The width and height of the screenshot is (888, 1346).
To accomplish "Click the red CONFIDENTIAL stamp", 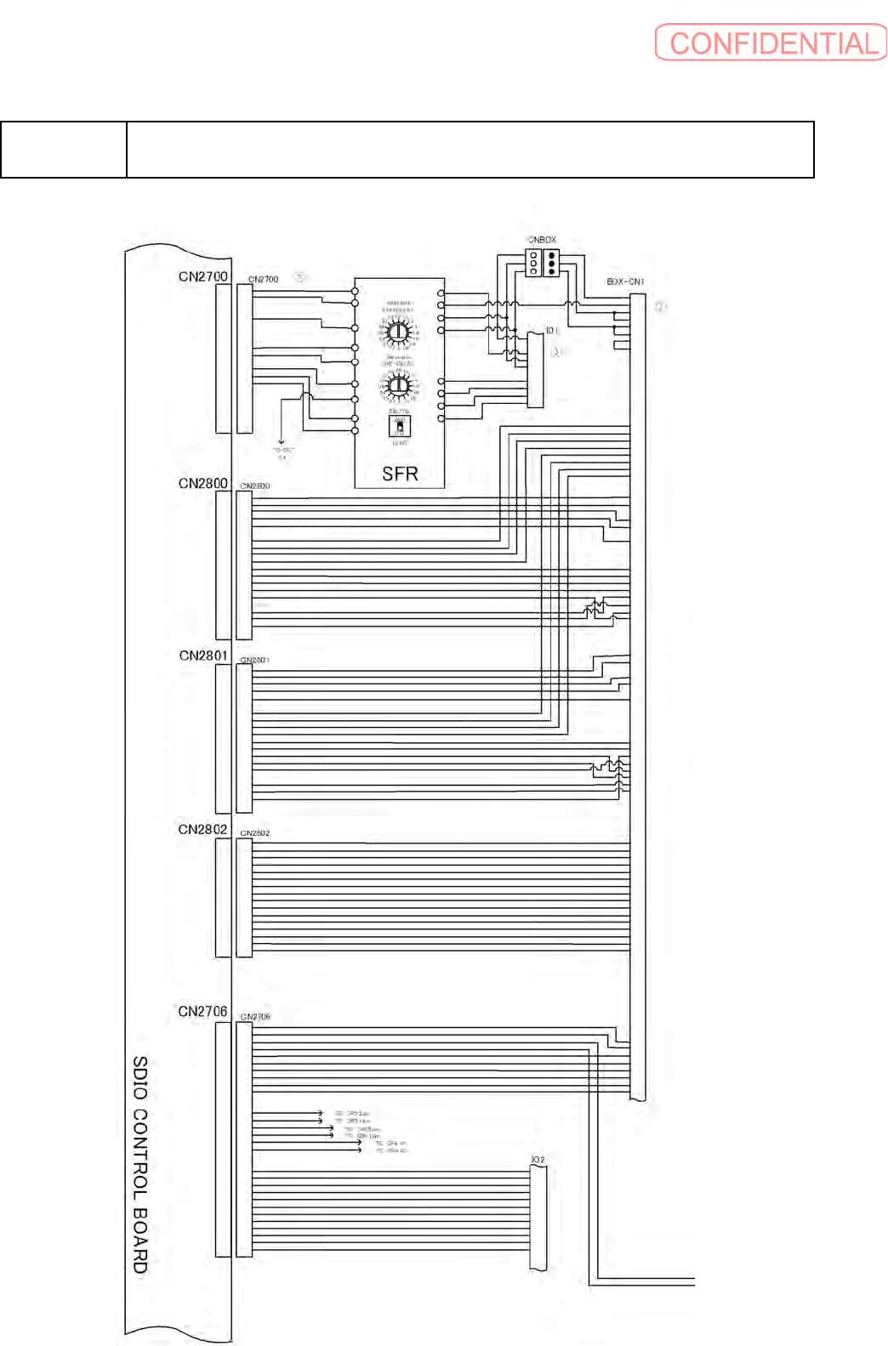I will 771,43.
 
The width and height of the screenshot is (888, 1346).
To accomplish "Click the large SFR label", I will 400,474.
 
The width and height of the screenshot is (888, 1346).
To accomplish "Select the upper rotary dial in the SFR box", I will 397,332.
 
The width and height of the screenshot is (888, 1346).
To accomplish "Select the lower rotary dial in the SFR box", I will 398,388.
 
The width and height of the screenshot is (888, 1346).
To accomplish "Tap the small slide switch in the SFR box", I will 399,425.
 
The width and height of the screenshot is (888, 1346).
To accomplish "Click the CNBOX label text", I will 542,240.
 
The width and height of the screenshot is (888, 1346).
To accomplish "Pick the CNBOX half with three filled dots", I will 551,263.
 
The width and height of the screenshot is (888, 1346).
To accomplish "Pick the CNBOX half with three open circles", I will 533,263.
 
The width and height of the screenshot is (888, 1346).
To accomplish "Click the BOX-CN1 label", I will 625,281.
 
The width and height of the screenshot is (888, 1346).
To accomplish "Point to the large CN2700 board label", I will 203,276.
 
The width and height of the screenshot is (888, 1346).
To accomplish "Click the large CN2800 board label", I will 203,483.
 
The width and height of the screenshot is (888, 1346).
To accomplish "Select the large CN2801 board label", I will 203,656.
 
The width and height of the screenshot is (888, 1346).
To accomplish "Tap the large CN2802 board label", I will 202,829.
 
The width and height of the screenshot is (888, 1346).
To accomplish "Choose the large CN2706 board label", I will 202,1011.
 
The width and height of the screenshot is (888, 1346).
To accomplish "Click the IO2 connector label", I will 538,1160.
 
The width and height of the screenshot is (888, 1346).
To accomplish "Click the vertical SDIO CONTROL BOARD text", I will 140,1164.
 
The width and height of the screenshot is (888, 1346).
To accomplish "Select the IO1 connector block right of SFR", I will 536,370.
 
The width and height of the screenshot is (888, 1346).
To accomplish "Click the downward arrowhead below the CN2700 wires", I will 282,441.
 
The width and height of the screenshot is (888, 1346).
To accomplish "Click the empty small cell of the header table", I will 64,150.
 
